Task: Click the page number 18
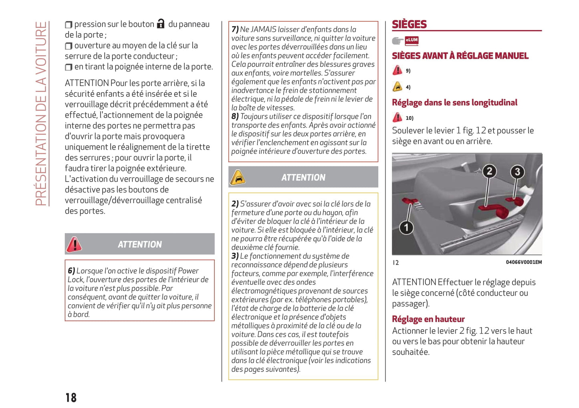[x=71, y=397]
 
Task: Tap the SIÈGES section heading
[x=409, y=24]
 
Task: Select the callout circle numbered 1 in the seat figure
[x=406, y=228]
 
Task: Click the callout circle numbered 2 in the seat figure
[x=489, y=172]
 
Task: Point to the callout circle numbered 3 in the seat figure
[x=517, y=172]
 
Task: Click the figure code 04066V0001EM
[x=523, y=262]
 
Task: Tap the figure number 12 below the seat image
[x=395, y=263]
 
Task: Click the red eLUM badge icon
[x=412, y=40]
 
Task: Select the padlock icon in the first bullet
[x=161, y=24]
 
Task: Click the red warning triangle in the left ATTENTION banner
[x=74, y=244]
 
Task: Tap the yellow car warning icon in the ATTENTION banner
[x=238, y=178]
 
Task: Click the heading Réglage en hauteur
[x=428, y=319]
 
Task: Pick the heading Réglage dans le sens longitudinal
[x=454, y=103]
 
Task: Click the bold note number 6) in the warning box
[x=71, y=271]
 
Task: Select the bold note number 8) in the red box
[x=235, y=116]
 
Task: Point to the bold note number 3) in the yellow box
[x=235, y=256]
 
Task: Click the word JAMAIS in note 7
[x=263, y=29]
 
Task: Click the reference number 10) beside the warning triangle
[x=409, y=118]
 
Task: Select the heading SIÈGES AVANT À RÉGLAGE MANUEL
[x=460, y=56]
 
